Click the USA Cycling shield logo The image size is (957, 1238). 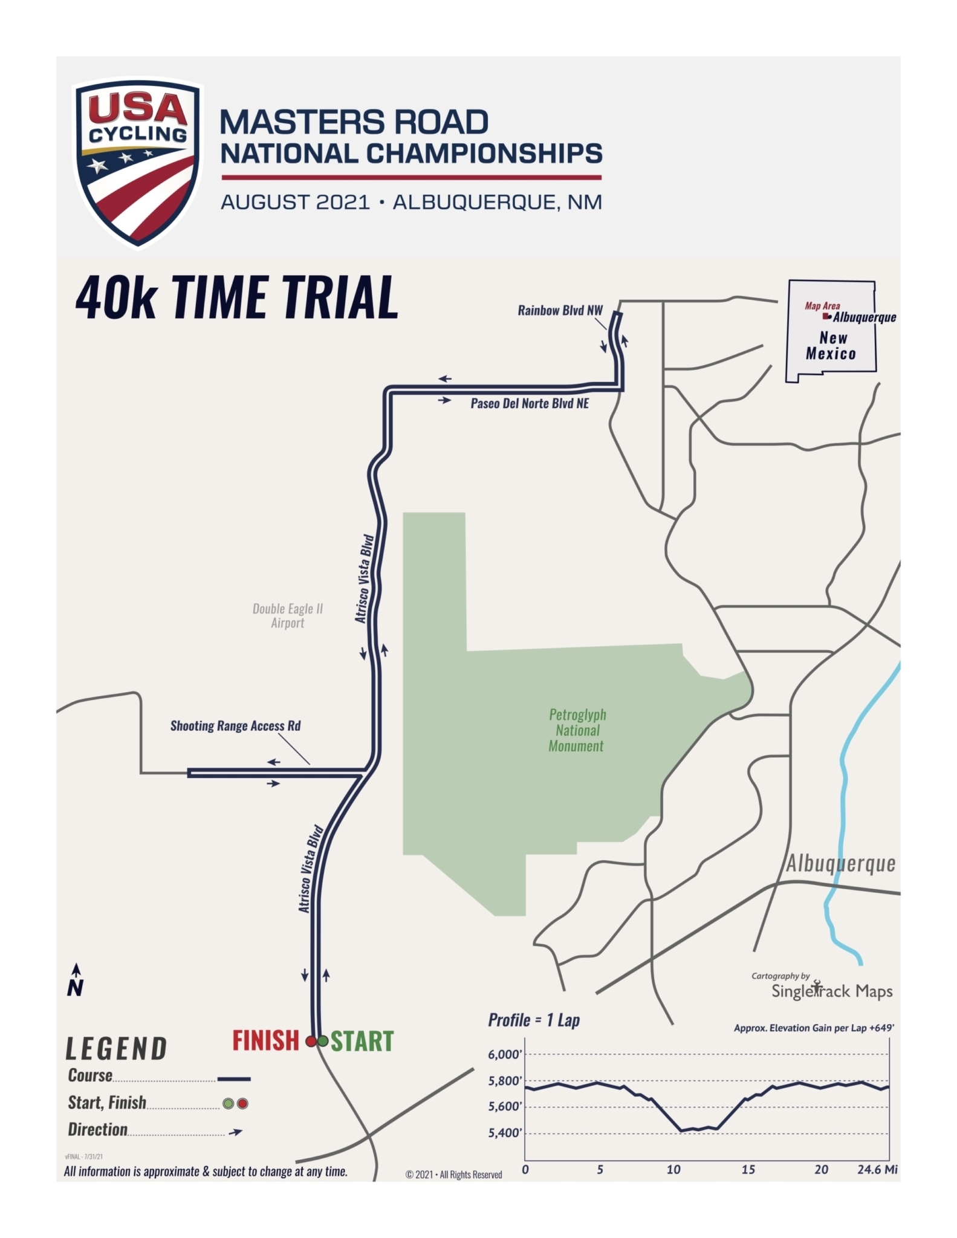(x=138, y=162)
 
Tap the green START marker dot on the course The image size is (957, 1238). (x=323, y=1041)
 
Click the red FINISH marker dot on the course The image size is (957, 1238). (x=311, y=1041)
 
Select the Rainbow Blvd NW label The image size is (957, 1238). (x=560, y=311)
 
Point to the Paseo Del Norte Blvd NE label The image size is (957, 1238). (x=530, y=403)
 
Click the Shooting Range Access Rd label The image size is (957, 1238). (x=235, y=725)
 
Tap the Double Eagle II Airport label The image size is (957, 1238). (x=288, y=615)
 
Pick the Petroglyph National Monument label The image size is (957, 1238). (x=577, y=730)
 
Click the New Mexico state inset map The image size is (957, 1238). (x=831, y=331)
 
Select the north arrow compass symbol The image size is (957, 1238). (x=76, y=980)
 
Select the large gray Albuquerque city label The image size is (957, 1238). (x=840, y=864)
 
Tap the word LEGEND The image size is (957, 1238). (x=116, y=1049)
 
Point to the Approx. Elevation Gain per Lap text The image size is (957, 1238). (x=814, y=1028)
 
